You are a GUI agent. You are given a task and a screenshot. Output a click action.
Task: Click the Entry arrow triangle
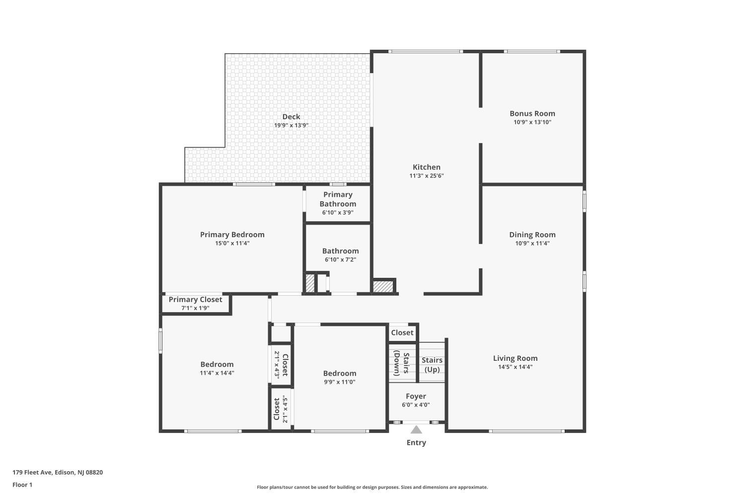[x=416, y=430]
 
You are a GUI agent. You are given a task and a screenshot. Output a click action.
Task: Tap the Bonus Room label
[x=532, y=113]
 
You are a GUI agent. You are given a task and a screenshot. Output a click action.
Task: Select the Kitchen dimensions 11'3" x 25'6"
[x=426, y=176]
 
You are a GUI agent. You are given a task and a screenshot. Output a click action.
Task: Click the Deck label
[x=291, y=117]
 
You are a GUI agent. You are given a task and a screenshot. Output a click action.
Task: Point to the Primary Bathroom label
[x=338, y=199]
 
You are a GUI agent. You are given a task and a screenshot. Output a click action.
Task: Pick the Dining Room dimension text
[x=532, y=244]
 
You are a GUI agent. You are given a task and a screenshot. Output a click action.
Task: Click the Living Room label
[x=515, y=358]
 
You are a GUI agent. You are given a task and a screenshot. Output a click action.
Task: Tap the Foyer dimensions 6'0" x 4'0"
[x=416, y=405]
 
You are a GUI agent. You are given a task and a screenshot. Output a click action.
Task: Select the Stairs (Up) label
[x=432, y=365]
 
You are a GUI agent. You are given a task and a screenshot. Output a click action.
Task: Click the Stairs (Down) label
[x=401, y=363]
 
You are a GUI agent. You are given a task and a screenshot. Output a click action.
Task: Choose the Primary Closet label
[x=195, y=300]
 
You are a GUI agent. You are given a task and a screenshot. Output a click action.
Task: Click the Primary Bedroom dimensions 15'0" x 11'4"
[x=232, y=244]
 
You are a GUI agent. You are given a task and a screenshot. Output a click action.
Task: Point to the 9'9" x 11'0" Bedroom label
[x=340, y=374]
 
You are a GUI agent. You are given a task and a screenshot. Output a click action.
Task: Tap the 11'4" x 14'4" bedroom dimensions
[x=217, y=373]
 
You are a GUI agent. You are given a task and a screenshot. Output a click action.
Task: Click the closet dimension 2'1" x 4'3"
[x=277, y=365]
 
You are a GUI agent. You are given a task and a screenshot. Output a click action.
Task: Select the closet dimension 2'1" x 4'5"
[x=285, y=409]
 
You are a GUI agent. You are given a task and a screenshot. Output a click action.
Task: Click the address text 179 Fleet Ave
[x=32, y=472]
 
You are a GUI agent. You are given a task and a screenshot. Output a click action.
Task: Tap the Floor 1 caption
[x=22, y=485]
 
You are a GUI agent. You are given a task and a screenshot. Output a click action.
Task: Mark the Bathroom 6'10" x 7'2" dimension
[x=340, y=259]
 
